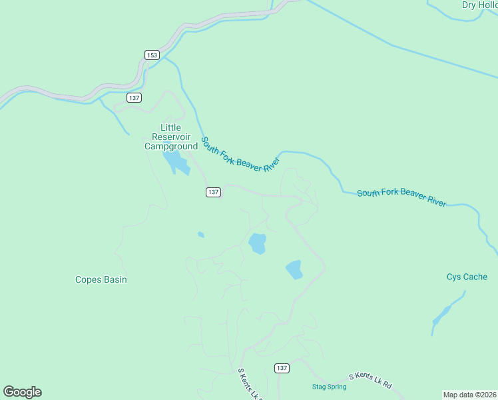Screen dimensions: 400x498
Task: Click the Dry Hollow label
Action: click(x=479, y=5)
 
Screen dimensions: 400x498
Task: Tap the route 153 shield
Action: click(x=152, y=55)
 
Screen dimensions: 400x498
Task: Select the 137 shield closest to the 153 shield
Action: click(x=135, y=98)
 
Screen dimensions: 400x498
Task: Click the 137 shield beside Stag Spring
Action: click(x=282, y=368)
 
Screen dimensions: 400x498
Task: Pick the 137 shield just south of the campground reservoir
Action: click(x=212, y=192)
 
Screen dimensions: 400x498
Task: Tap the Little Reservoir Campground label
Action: click(x=171, y=137)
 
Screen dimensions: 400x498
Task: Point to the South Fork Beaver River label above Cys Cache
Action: click(x=401, y=197)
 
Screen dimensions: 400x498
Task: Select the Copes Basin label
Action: click(x=101, y=280)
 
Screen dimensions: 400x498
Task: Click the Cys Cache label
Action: click(x=467, y=277)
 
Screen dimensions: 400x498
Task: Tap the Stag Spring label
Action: click(x=329, y=387)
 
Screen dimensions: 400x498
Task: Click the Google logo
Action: click(x=22, y=392)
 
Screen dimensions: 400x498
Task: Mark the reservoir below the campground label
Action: click(x=176, y=161)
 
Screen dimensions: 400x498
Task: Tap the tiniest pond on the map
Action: click(x=201, y=235)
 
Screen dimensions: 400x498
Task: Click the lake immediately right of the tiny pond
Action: click(x=257, y=243)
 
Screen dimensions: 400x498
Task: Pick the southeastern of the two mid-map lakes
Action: click(x=294, y=270)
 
